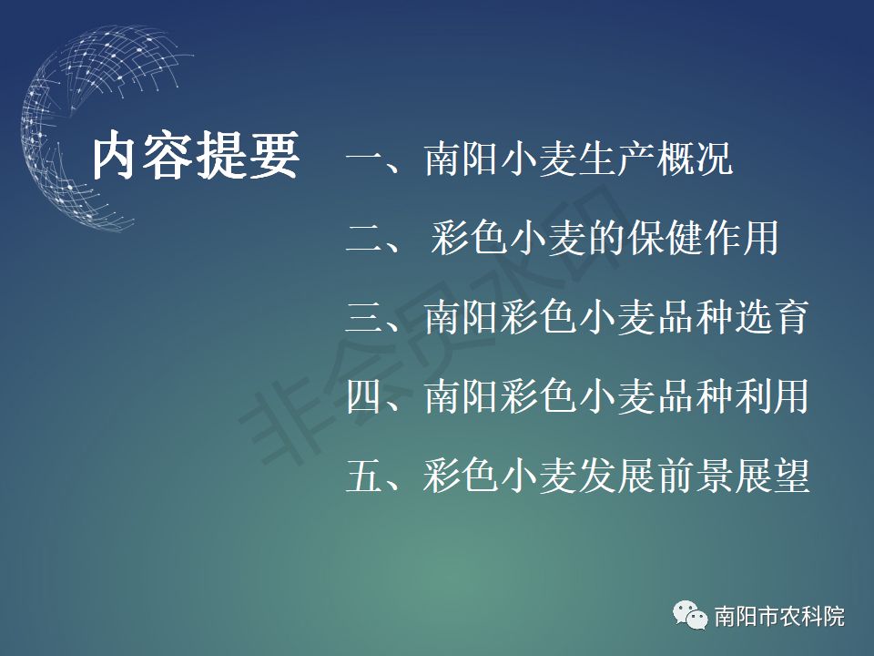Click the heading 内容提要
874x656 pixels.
point(196,156)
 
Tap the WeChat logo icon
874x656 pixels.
point(690,615)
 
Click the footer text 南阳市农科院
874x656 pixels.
point(779,617)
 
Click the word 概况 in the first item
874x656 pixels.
point(695,159)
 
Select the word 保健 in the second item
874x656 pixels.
point(664,238)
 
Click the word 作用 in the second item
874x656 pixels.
point(741,238)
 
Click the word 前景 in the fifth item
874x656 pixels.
point(695,476)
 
